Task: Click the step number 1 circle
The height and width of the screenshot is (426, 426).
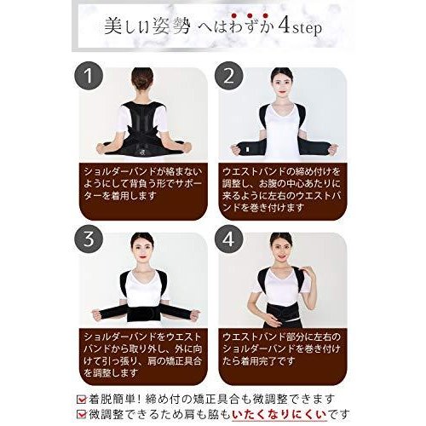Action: coord(89,76)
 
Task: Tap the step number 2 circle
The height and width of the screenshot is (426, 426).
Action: coord(228,76)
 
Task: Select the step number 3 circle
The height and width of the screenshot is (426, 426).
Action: coord(89,239)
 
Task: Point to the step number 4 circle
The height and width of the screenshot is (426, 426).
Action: coord(228,239)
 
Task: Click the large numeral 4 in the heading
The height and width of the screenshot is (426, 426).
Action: coord(284,27)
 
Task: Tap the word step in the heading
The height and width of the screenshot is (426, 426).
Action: coord(308,29)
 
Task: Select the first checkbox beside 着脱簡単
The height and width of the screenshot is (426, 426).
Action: coord(82,399)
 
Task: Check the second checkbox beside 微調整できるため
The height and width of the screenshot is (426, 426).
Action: coord(82,414)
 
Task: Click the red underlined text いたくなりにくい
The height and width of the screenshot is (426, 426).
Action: coord(279,415)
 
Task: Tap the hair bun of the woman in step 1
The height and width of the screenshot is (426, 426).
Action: coord(142,77)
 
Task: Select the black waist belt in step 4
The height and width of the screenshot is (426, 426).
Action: coord(280,312)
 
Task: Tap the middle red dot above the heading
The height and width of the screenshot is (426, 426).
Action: coord(250,15)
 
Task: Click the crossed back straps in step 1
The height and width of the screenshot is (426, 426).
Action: coord(142,133)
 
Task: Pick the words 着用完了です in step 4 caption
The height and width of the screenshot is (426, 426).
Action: coord(265,361)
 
